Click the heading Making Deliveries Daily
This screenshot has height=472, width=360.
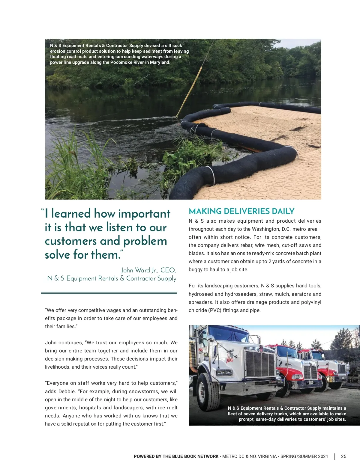pyautogui.click(x=241, y=211)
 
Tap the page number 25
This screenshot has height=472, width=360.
pyautogui.click(x=343, y=456)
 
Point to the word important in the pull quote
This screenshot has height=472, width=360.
pyautogui.click(x=144, y=214)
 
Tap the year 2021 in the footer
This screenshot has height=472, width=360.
pyautogui.click(x=323, y=456)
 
